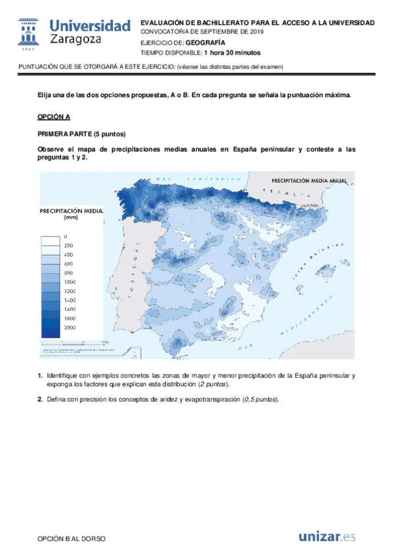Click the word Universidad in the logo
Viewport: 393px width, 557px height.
pos(91,26)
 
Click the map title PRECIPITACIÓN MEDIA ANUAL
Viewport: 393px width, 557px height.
pos(308,179)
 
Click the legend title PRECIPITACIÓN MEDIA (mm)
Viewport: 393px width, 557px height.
pos(71,215)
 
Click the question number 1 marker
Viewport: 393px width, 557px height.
pos(39,376)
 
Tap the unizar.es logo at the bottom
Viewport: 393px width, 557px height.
pos(327,537)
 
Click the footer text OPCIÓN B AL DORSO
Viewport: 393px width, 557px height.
pos(72,539)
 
